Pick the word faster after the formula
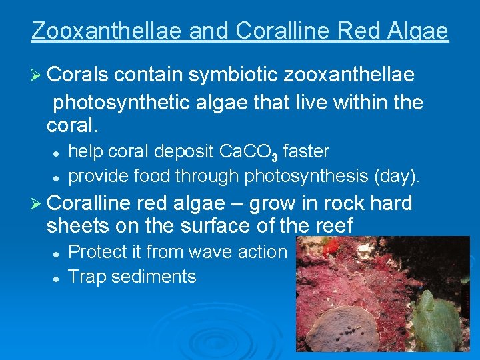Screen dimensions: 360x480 (306, 152)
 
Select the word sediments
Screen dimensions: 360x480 (157, 276)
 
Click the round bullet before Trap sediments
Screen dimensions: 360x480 (58, 277)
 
